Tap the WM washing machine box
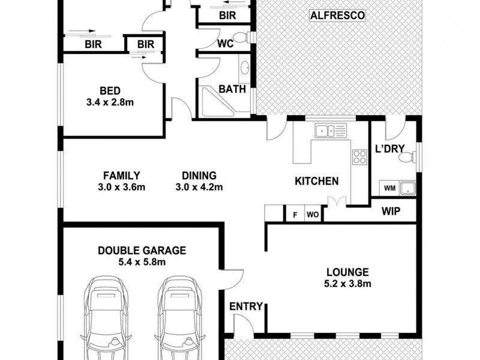(x=389, y=188)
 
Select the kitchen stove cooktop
(x=359, y=157)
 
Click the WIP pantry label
(x=391, y=211)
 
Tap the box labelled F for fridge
(x=295, y=214)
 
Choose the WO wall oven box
(x=313, y=214)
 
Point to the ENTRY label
(x=247, y=307)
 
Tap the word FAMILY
(x=121, y=176)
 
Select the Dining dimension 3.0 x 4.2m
(x=199, y=187)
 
